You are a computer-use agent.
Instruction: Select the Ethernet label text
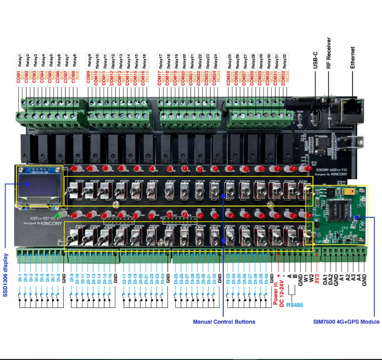point(353,57)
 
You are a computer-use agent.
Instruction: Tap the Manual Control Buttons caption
point(224,322)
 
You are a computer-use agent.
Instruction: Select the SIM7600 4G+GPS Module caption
point(346,322)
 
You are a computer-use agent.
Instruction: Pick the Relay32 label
point(284,60)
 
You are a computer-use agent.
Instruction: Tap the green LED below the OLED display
point(58,214)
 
